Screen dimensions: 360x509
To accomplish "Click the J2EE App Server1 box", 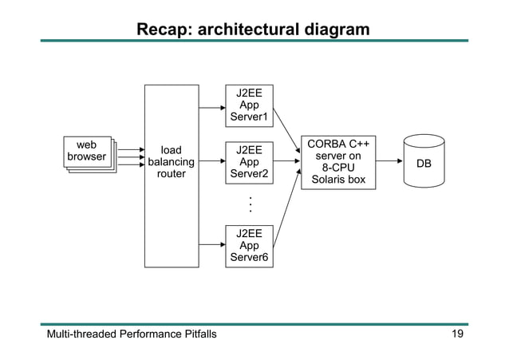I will [249, 106].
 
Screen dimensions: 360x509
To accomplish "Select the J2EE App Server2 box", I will [249, 162].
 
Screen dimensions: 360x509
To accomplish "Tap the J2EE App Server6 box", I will [249, 245].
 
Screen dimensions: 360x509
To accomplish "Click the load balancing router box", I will [171, 176].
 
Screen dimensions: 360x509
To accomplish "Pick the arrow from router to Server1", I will [211, 106].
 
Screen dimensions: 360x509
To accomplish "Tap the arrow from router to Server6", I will [211, 245].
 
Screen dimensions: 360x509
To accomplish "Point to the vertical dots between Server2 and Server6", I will [250, 204].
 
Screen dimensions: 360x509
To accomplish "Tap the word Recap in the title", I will [163, 30].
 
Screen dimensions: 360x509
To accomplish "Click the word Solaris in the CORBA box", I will [328, 180].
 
